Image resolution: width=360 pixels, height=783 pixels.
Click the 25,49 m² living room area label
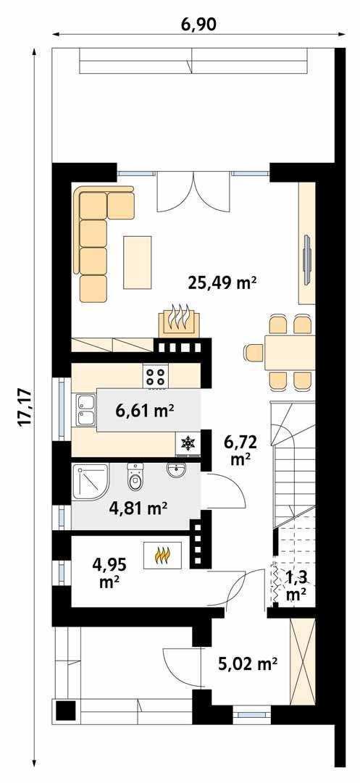[223, 282]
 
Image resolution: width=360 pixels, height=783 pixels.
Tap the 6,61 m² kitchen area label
[145, 411]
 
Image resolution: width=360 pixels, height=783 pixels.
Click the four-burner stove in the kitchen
[156, 375]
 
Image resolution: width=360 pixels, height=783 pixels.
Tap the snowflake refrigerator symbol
[188, 443]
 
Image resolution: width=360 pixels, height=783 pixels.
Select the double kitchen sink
[84, 409]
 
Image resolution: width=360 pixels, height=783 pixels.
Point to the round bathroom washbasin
[176, 471]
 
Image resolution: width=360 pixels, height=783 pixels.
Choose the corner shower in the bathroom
[88, 480]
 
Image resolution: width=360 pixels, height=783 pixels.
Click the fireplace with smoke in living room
[178, 321]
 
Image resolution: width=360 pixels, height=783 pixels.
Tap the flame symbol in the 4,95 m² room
[162, 555]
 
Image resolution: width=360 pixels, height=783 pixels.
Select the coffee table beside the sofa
[138, 261]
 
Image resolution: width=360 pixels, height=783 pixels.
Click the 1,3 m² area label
[296, 585]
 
